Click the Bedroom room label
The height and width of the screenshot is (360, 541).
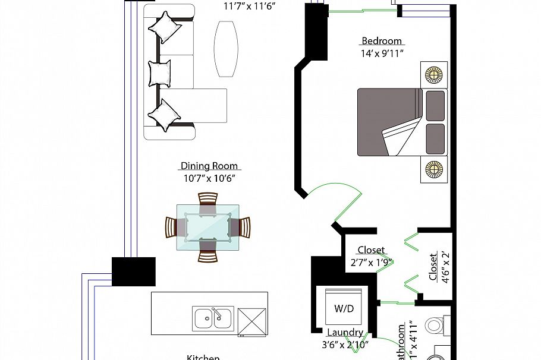click(x=382, y=41)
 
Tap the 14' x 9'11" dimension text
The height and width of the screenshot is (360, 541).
click(x=382, y=53)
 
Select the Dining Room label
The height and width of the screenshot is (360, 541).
click(x=209, y=166)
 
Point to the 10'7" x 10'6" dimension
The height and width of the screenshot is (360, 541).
click(x=209, y=178)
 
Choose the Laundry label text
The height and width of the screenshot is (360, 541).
click(x=345, y=333)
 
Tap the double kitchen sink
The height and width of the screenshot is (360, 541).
click(x=212, y=318)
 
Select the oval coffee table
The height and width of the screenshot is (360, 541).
click(x=226, y=49)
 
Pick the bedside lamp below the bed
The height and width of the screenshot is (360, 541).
click(x=433, y=170)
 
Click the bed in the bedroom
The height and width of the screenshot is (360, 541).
click(x=401, y=122)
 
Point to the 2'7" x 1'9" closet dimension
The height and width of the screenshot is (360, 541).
click(x=371, y=262)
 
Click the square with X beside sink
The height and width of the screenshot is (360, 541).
click(x=253, y=323)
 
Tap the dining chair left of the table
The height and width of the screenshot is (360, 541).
click(x=175, y=227)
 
